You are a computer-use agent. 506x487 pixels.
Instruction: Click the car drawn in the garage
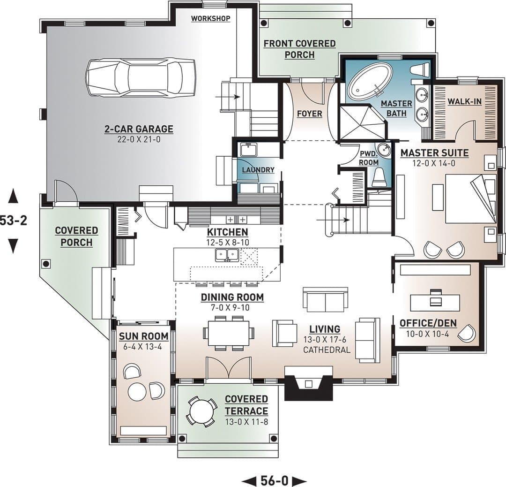[x=140, y=77]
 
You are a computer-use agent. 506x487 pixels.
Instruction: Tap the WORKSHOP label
[x=210, y=18]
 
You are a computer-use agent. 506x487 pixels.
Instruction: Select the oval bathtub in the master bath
[x=372, y=81]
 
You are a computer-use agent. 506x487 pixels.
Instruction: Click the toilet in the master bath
[x=420, y=70]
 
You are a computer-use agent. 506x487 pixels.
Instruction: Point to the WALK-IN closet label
[x=464, y=101]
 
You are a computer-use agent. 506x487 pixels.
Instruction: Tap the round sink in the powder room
[x=384, y=149]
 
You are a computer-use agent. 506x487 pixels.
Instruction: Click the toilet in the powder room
[x=379, y=177]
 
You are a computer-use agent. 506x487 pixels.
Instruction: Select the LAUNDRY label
[x=258, y=170]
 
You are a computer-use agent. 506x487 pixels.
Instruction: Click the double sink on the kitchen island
[x=228, y=255]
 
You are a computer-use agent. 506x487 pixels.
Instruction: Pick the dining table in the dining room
[x=229, y=333]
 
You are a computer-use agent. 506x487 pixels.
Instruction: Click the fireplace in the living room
[x=308, y=383]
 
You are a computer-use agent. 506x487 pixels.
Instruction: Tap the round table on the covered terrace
[x=202, y=412]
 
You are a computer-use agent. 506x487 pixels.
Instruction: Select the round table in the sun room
[x=137, y=391]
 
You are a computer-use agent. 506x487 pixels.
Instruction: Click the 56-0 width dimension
[x=274, y=480]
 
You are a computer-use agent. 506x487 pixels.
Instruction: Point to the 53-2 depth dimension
[x=13, y=221]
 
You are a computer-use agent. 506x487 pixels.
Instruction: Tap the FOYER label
[x=310, y=114]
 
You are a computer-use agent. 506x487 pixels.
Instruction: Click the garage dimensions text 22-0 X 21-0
[x=139, y=139]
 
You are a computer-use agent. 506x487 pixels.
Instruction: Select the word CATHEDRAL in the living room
[x=327, y=350]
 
